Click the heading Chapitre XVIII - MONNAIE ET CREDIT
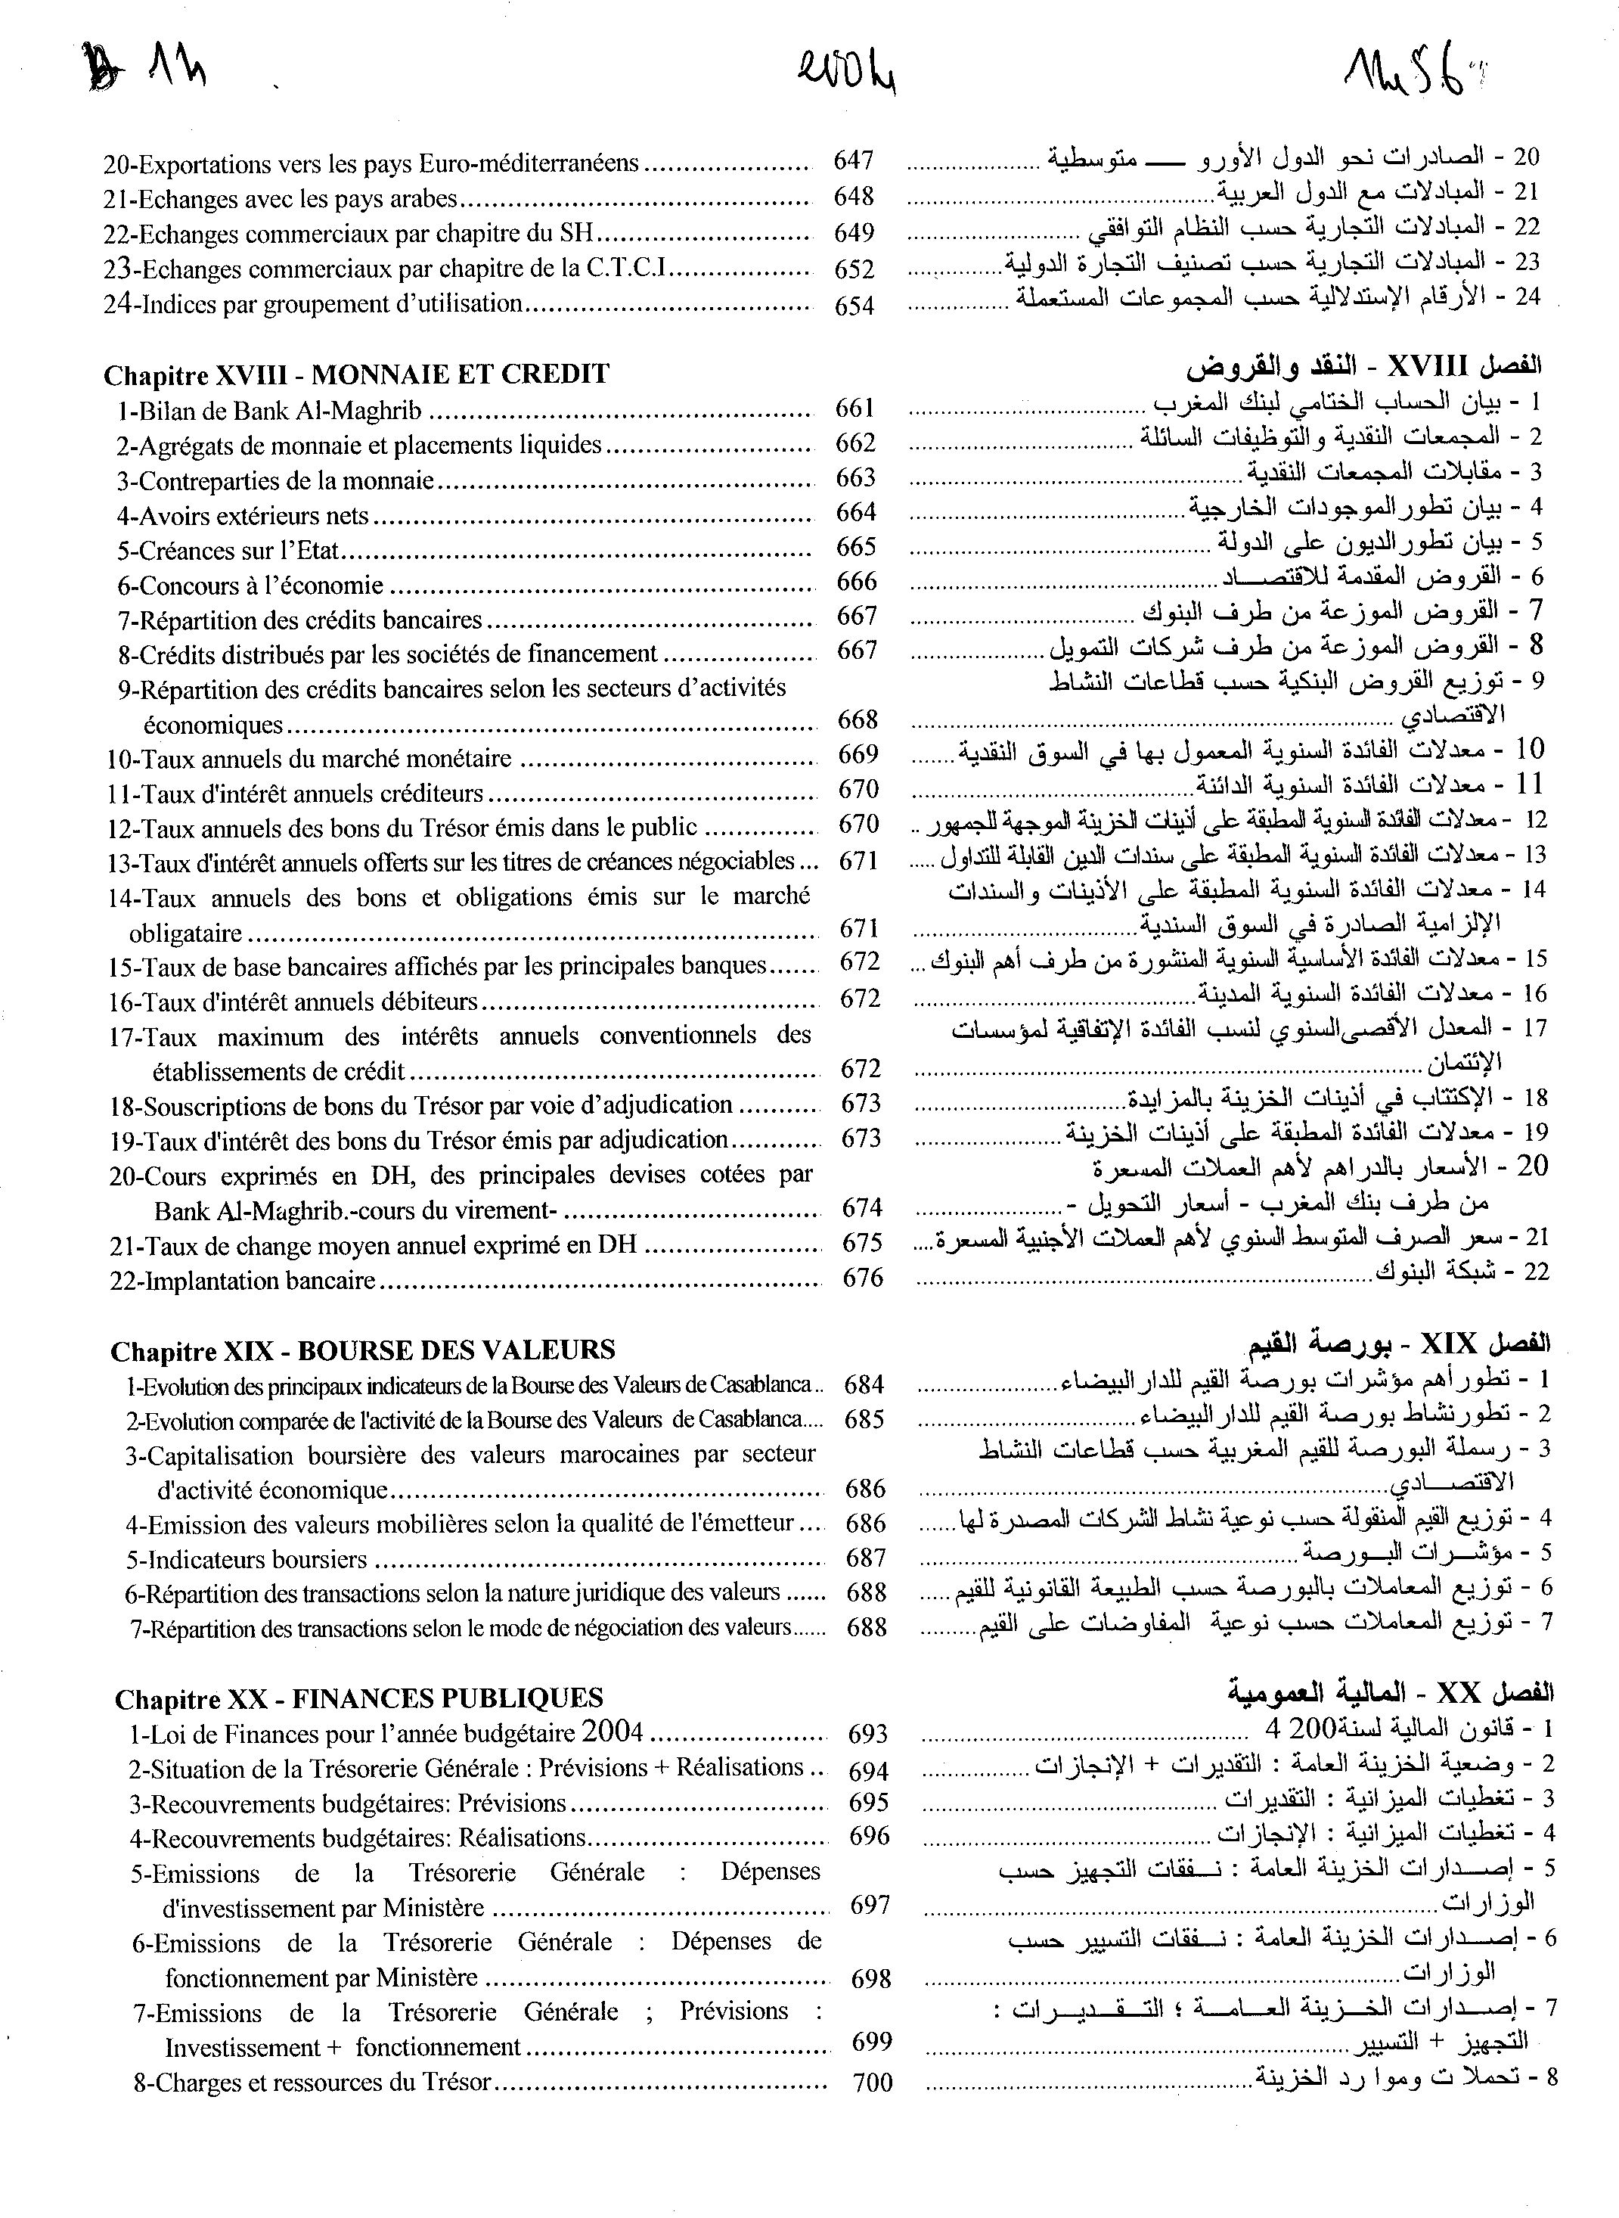[x=355, y=374]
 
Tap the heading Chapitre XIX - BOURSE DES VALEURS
[x=363, y=1350]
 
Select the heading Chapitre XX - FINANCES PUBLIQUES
[x=358, y=1698]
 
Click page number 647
[x=853, y=160]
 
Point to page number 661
[x=854, y=408]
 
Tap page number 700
[x=872, y=2083]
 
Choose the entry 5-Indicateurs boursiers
[x=246, y=1559]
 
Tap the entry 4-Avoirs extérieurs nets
[x=243, y=515]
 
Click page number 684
[x=864, y=1385]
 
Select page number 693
[x=867, y=1734]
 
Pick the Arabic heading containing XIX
[x=1400, y=1343]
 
